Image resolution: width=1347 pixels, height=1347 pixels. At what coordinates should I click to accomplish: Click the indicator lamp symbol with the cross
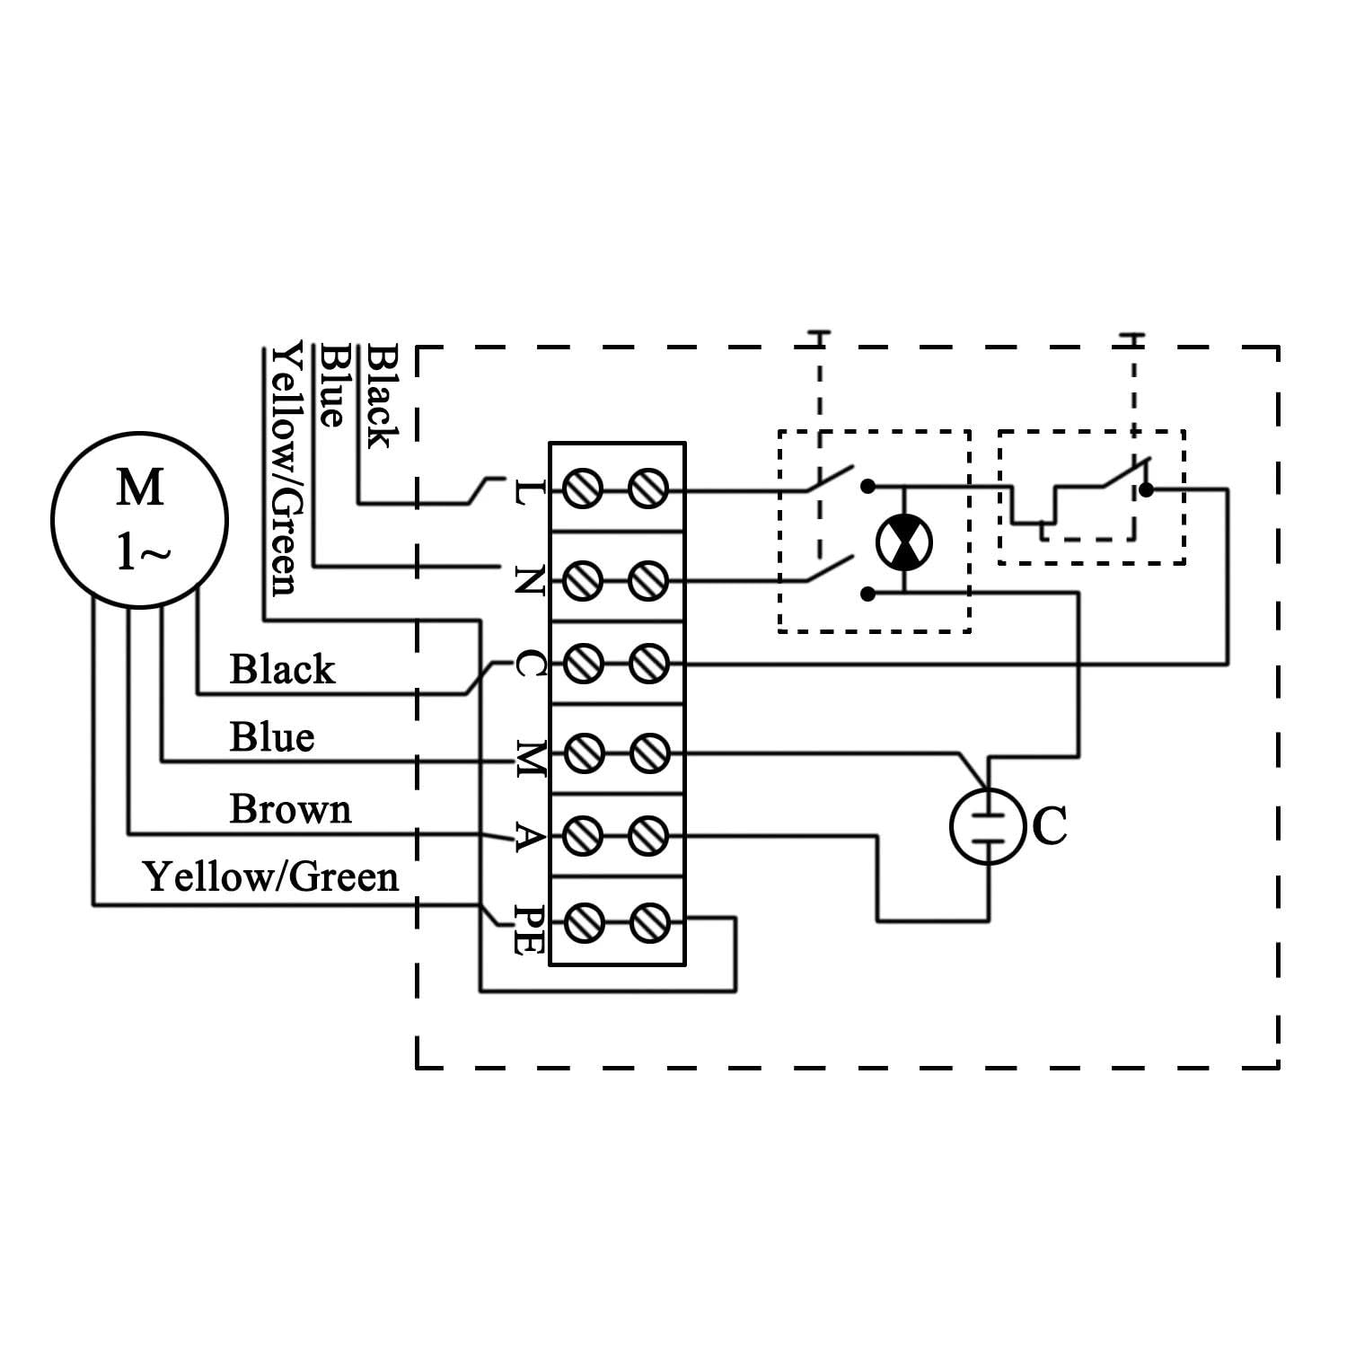pos(903,542)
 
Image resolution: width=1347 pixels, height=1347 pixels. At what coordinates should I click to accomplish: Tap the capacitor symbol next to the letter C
pos(988,826)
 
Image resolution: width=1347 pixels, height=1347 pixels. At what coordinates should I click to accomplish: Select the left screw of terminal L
pos(582,490)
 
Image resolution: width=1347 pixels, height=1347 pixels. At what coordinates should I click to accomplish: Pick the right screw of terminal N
pos(648,580)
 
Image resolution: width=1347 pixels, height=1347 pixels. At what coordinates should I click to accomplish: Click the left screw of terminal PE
pos(582,922)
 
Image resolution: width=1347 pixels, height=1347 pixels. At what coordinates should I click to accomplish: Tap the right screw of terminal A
pos(648,836)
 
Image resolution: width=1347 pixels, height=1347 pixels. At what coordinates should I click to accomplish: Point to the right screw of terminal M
pos(648,753)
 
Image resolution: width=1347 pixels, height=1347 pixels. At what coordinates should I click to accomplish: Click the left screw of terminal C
pos(582,665)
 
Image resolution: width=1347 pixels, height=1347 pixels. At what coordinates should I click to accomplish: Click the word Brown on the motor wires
pos(290,809)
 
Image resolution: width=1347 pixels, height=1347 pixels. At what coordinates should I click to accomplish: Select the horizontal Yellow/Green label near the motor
pos(270,876)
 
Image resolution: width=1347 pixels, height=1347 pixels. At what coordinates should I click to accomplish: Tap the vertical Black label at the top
pos(380,396)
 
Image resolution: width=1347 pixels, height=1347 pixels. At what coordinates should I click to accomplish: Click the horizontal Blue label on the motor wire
pos(272,737)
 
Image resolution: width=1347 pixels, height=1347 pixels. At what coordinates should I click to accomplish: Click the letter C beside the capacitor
pos(1050,826)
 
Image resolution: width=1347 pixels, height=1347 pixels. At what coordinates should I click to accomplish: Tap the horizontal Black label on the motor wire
pos(282,669)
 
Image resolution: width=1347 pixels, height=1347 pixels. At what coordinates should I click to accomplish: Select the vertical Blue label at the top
pos(332,385)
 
